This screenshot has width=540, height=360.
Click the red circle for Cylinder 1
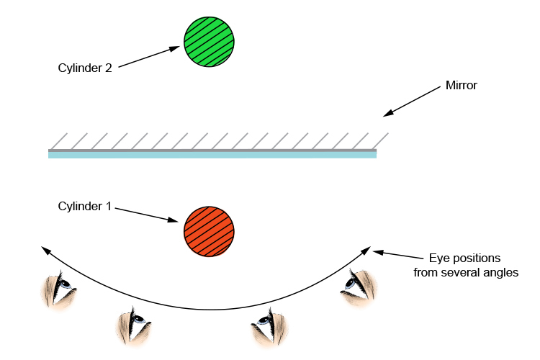tap(210, 230)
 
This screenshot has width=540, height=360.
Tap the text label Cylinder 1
tap(84, 206)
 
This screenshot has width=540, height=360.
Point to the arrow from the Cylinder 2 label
tap(148, 58)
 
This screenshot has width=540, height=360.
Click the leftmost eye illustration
tap(58, 288)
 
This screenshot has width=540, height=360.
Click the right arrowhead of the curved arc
tap(368, 250)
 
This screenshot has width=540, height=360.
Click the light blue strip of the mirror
tap(212, 155)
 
